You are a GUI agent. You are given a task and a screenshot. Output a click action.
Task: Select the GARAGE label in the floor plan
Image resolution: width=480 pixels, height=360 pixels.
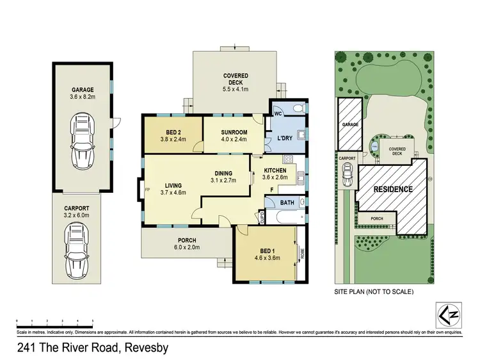[x=83, y=90]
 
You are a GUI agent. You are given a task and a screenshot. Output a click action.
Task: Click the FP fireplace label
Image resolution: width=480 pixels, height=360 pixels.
[x=148, y=190]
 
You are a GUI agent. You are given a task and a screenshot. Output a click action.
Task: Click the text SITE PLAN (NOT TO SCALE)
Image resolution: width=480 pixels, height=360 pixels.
[x=374, y=291]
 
